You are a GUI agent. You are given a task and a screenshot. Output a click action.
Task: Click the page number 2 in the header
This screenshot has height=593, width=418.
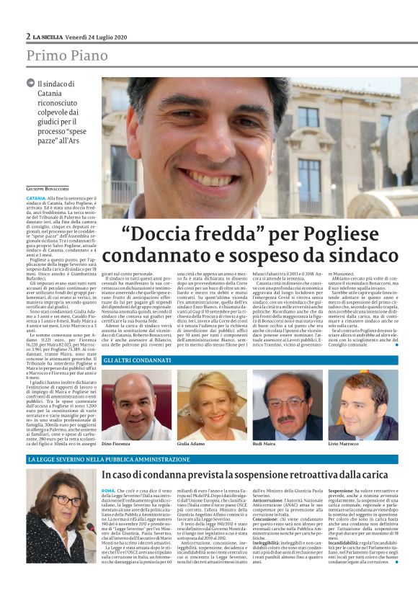pos(28,36)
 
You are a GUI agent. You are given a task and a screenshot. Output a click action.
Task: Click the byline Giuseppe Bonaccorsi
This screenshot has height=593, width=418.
pos(47,188)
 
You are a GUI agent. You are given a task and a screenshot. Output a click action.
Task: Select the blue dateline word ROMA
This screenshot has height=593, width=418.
pos(108,491)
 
